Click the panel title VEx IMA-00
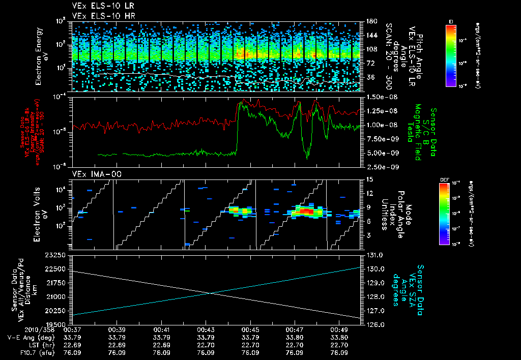[x=93, y=174]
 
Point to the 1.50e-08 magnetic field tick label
[x=378, y=97]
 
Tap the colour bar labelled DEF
[x=444, y=214]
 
